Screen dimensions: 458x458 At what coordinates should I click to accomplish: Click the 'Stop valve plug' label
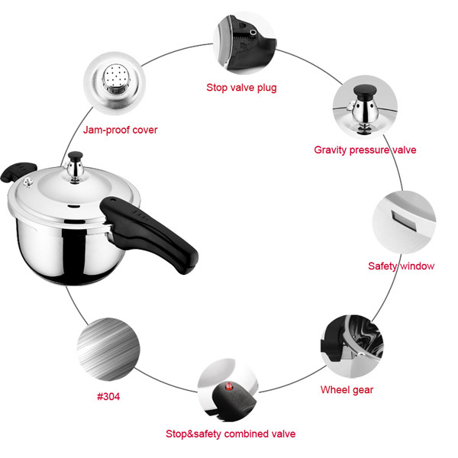pos(241,88)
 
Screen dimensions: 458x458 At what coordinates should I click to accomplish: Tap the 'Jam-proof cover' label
pos(120,130)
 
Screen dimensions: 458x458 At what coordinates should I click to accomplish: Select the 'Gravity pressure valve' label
pos(365,150)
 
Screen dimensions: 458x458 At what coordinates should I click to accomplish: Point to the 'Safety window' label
pos(401,266)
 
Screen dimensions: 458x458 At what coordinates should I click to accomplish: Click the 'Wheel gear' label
pos(347,390)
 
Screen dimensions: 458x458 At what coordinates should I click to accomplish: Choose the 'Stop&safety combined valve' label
pos(231,434)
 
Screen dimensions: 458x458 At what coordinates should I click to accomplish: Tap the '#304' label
pos(108,397)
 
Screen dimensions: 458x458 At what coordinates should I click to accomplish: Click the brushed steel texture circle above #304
pos(108,349)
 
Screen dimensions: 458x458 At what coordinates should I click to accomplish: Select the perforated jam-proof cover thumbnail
pos(114,83)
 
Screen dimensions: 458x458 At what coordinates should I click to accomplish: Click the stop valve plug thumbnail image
pos(245,43)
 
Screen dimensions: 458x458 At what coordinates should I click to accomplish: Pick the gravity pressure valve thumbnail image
pos(365,107)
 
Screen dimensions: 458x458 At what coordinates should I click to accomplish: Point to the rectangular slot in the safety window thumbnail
pos(405,221)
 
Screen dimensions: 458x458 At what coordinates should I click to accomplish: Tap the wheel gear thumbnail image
pos(352,347)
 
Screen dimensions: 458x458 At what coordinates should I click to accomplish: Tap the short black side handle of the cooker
pos(18,172)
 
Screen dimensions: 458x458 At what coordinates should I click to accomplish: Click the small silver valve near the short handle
pos(28,182)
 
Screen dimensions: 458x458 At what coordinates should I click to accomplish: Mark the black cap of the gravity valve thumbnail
pos(365,91)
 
